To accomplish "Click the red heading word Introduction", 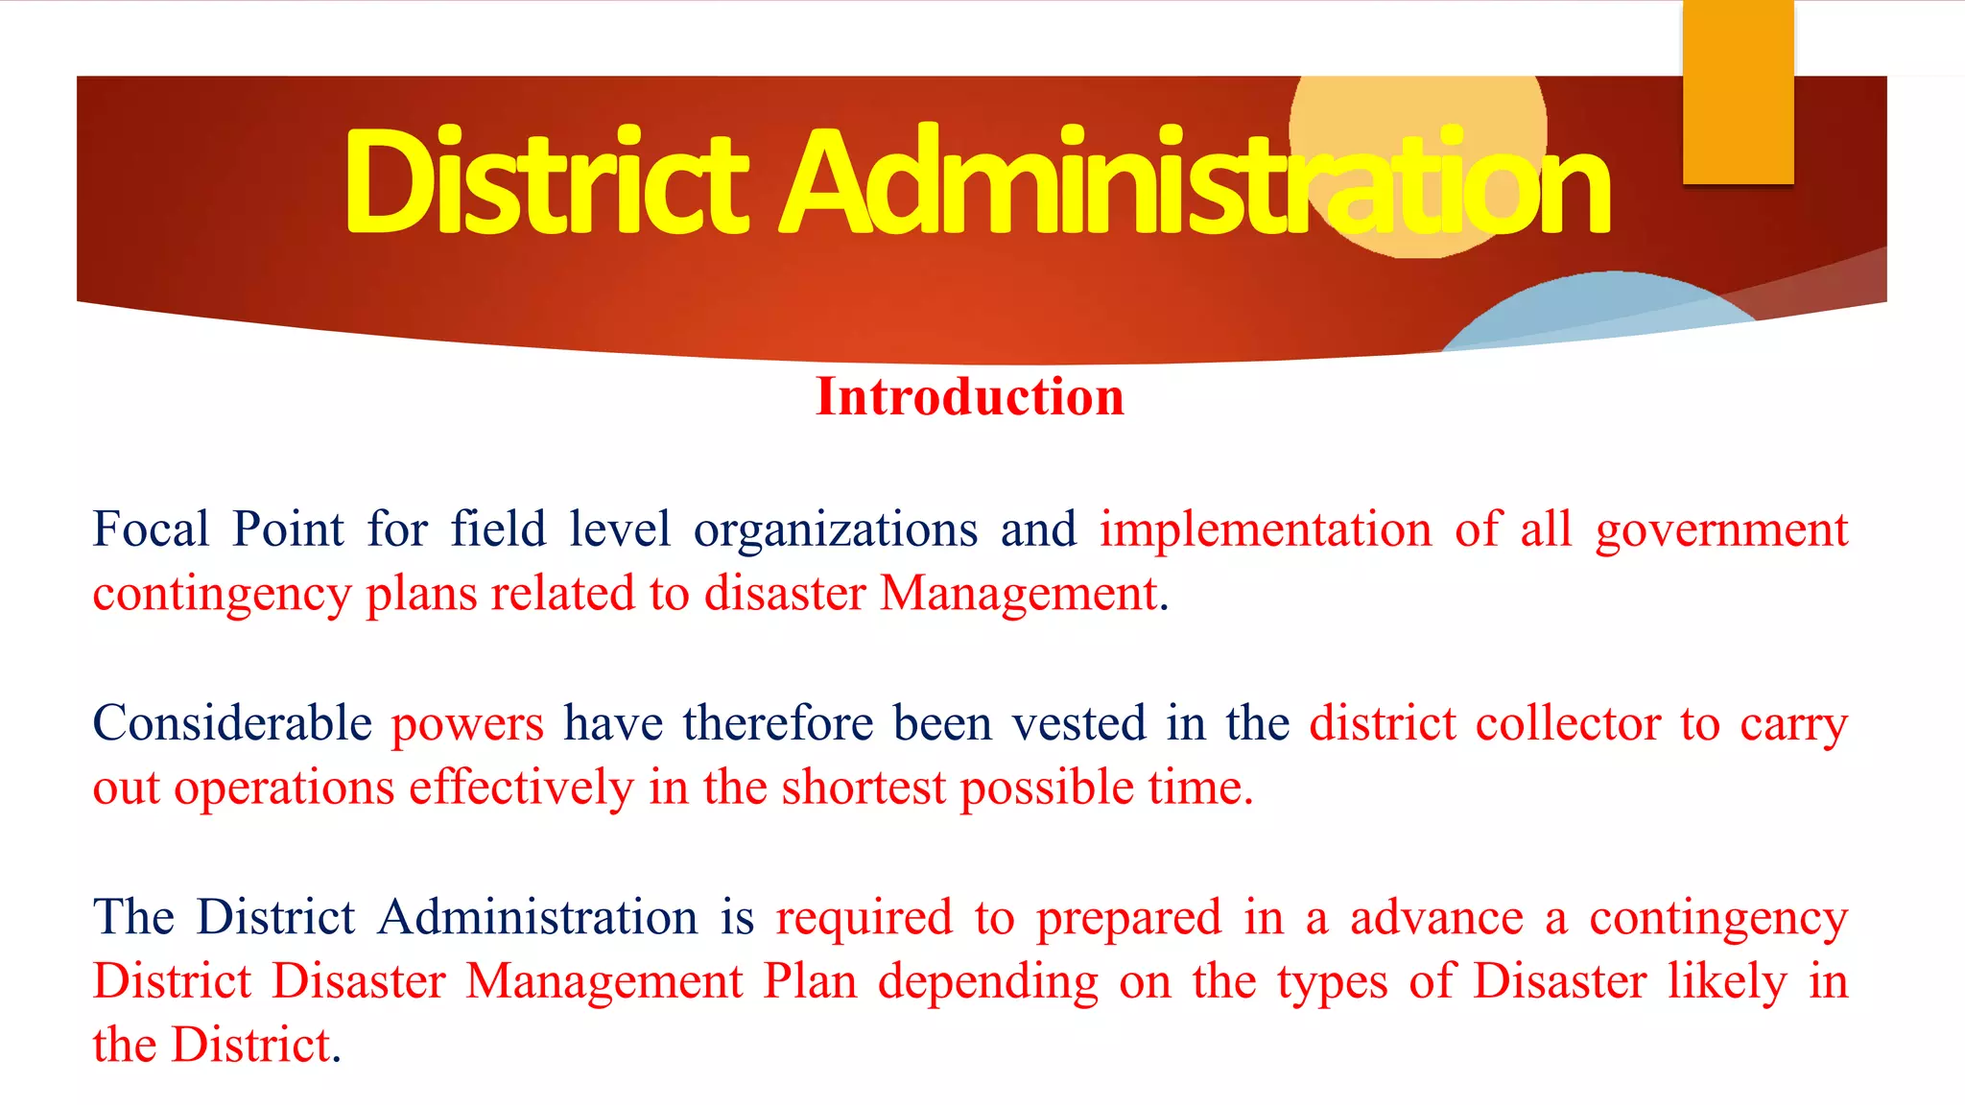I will (969, 397).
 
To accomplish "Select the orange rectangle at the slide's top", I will (1738, 91).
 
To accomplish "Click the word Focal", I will (151, 529).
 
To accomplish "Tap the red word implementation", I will (1265, 529).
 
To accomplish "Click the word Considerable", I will (232, 723).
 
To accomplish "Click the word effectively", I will (521, 788).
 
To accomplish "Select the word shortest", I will (864, 788).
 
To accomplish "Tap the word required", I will (864, 919).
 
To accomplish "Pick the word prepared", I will (1128, 919).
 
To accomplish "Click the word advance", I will (1436, 917).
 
